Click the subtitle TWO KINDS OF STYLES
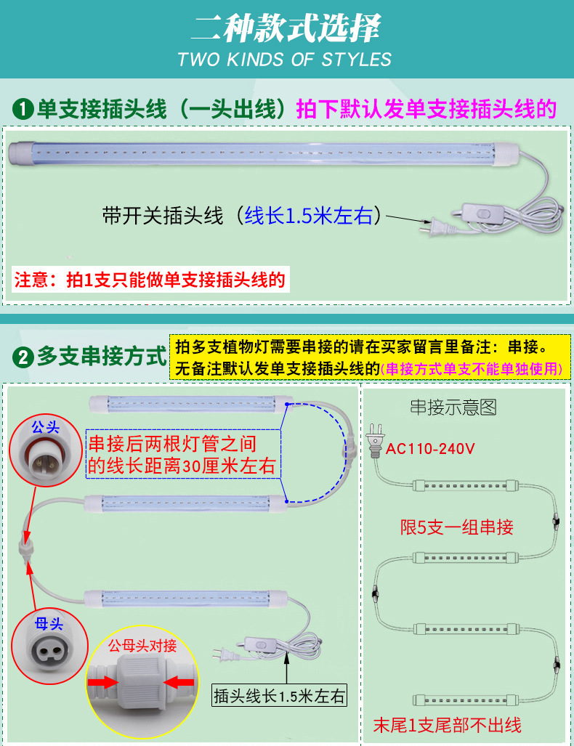tap(285, 60)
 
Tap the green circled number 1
tap(24, 110)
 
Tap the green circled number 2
tap(24, 358)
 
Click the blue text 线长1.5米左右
tap(308, 216)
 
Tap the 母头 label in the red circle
tap(49, 623)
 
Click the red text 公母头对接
tap(142, 646)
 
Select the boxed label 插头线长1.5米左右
tap(279, 696)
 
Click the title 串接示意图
tap(453, 407)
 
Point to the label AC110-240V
tap(430, 448)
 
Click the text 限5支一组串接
tap(457, 527)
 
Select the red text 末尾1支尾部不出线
tap(447, 723)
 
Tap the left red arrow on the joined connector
tap(105, 682)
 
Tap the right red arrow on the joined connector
tap(178, 682)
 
